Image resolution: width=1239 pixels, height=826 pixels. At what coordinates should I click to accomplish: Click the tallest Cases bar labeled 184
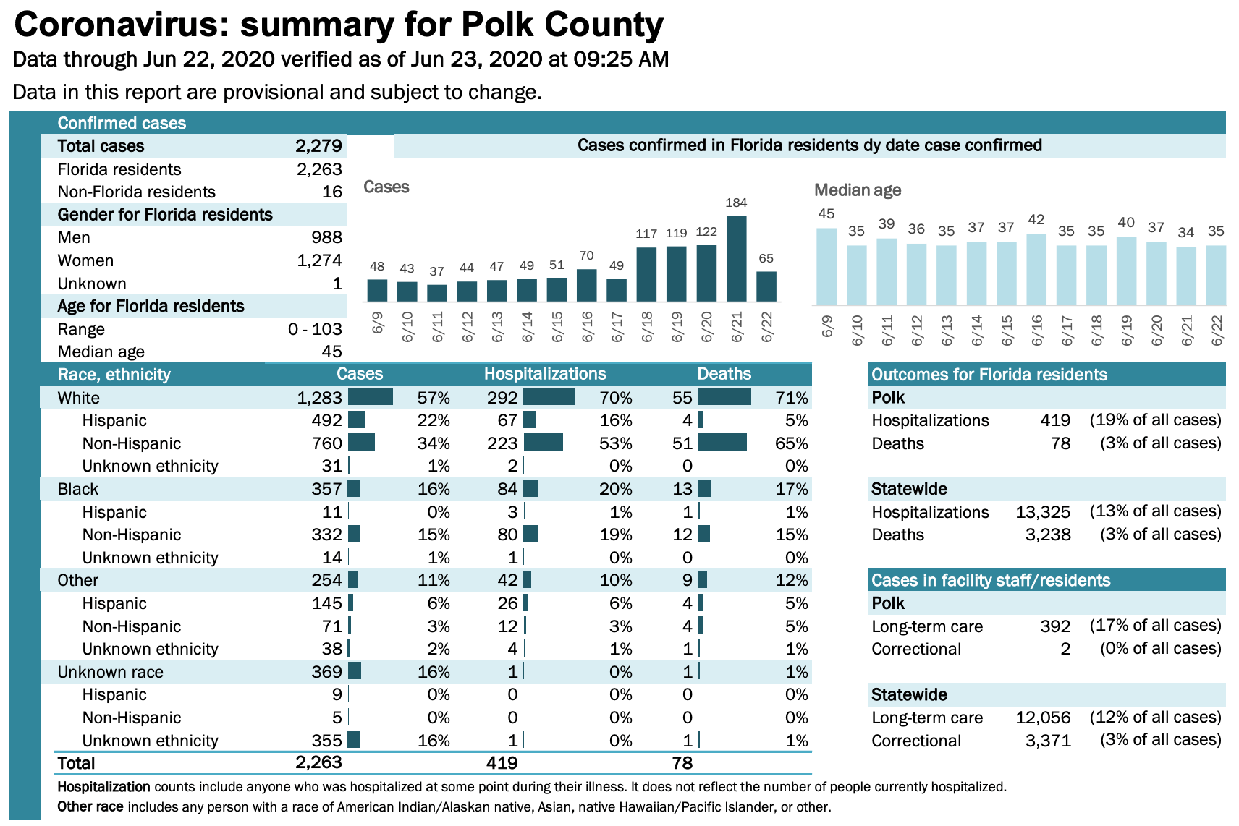(x=736, y=258)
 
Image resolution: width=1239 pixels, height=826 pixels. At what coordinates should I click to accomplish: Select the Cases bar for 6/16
(x=586, y=285)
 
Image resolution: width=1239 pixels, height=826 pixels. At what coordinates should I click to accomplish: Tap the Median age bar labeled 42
(x=1036, y=269)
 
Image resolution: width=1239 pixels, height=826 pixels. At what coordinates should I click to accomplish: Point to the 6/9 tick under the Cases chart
(x=377, y=323)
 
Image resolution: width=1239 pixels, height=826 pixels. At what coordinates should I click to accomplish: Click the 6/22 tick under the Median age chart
(x=1217, y=330)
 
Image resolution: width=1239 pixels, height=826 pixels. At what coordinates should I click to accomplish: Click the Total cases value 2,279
(x=318, y=146)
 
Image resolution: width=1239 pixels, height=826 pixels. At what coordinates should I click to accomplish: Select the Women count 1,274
(x=319, y=260)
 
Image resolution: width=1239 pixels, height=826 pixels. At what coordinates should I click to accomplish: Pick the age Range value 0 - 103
(x=315, y=329)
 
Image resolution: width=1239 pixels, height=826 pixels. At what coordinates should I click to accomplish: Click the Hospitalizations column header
(x=545, y=374)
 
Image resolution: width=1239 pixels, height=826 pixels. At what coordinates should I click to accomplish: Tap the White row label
(x=79, y=398)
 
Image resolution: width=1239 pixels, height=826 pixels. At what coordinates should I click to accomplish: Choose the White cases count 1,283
(x=319, y=398)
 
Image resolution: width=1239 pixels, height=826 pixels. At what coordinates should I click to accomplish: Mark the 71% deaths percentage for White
(x=792, y=398)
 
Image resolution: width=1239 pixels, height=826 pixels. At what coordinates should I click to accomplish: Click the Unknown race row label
(x=111, y=672)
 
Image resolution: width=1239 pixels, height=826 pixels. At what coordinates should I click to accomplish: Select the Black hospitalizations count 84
(x=507, y=489)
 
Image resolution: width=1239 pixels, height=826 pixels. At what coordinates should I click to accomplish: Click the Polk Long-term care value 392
(x=1055, y=626)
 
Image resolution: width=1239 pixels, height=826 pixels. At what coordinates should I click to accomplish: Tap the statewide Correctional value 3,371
(x=1048, y=741)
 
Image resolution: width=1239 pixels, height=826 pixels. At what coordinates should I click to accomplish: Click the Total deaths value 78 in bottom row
(x=682, y=763)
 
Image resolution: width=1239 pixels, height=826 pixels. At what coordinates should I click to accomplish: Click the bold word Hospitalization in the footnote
(x=104, y=787)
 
